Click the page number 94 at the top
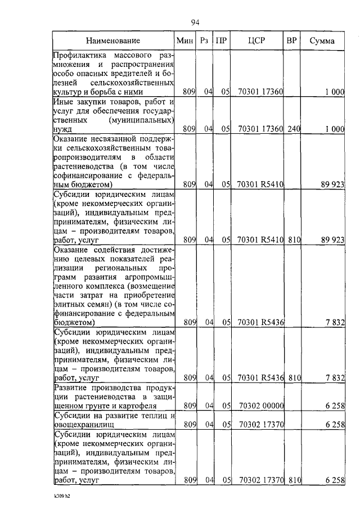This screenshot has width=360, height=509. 195,22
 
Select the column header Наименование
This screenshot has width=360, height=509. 113,40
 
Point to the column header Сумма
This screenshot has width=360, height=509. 322,40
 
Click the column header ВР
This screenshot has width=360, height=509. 291,40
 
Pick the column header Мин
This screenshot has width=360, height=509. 184,40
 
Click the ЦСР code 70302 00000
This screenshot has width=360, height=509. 260,405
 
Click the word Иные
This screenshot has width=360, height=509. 64,102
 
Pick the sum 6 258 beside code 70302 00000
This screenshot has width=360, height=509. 334,405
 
